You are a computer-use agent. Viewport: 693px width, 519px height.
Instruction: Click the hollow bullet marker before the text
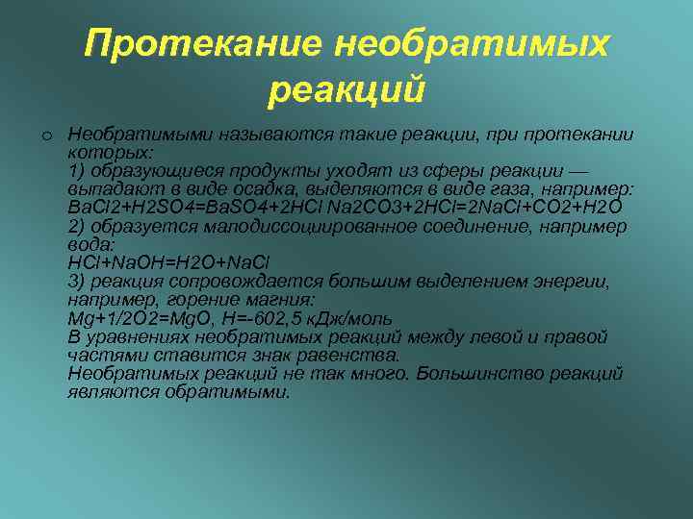click(45, 135)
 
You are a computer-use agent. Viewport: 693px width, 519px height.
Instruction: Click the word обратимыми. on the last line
click(226, 392)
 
